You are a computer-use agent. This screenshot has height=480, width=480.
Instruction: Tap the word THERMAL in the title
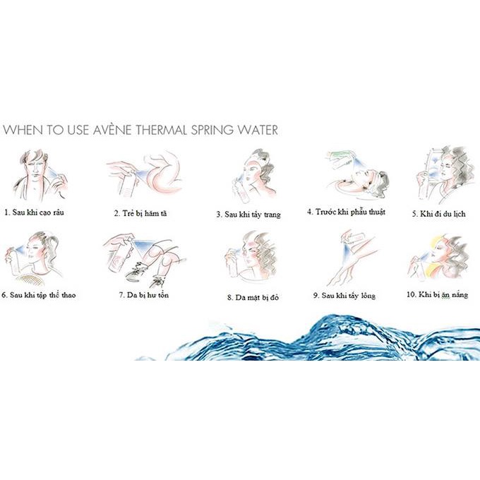[x=162, y=130]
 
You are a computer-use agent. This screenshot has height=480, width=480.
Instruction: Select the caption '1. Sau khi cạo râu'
[x=35, y=212]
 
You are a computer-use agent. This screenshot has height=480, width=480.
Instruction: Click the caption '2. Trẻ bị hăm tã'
[x=140, y=213]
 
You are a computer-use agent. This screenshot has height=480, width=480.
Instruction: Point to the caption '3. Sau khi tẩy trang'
[x=248, y=215]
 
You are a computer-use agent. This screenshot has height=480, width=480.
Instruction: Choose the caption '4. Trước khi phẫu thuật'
[x=346, y=212]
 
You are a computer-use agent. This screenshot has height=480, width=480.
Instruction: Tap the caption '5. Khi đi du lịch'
[x=438, y=214]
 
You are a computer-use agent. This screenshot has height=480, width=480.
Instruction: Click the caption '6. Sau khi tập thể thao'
[x=39, y=295]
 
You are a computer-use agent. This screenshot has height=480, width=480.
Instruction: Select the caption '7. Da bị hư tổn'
[x=143, y=295]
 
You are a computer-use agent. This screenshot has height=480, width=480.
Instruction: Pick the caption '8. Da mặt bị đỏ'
[x=253, y=297]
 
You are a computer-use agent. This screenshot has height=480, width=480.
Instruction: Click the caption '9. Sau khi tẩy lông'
[x=344, y=295]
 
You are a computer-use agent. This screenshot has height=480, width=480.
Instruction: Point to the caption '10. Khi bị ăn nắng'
[x=437, y=294]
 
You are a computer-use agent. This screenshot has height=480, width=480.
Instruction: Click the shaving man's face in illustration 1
[x=37, y=168]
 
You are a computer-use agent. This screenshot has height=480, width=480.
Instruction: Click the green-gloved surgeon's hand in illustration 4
[x=340, y=156]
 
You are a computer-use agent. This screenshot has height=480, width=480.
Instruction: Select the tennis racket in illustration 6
[x=28, y=280]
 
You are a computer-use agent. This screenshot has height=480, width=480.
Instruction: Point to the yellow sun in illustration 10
[x=436, y=244]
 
